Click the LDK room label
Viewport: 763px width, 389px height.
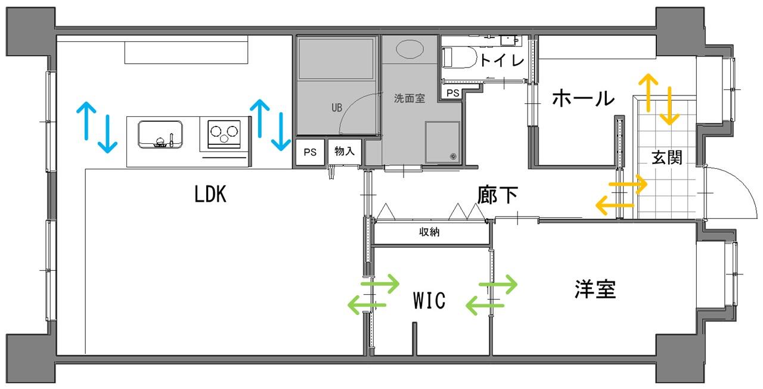click(x=210, y=194)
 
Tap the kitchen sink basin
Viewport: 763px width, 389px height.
click(x=160, y=134)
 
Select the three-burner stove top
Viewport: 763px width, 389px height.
click(x=224, y=134)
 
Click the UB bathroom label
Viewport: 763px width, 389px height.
click(x=337, y=108)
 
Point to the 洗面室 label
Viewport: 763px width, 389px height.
click(x=410, y=98)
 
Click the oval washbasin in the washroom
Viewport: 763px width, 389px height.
click(x=410, y=49)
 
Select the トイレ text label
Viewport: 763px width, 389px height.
click(x=502, y=60)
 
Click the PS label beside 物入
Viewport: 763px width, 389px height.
click(x=310, y=152)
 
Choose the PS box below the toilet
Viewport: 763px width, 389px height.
click(x=452, y=92)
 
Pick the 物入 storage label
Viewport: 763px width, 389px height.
click(x=345, y=151)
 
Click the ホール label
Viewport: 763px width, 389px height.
click(x=583, y=98)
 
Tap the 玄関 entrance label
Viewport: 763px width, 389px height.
click(x=666, y=158)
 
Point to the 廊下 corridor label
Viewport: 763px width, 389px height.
click(x=497, y=195)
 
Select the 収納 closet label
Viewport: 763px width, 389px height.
click(x=429, y=232)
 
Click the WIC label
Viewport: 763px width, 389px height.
click(x=429, y=300)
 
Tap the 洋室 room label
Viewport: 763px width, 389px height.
click(x=595, y=289)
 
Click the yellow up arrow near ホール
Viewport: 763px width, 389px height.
click(x=648, y=92)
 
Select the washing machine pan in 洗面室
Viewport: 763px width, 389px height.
click(x=442, y=142)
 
